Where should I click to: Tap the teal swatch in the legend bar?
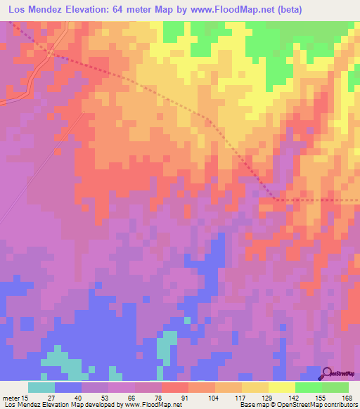click(x=41, y=387)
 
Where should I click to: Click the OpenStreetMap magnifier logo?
click(x=328, y=373)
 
